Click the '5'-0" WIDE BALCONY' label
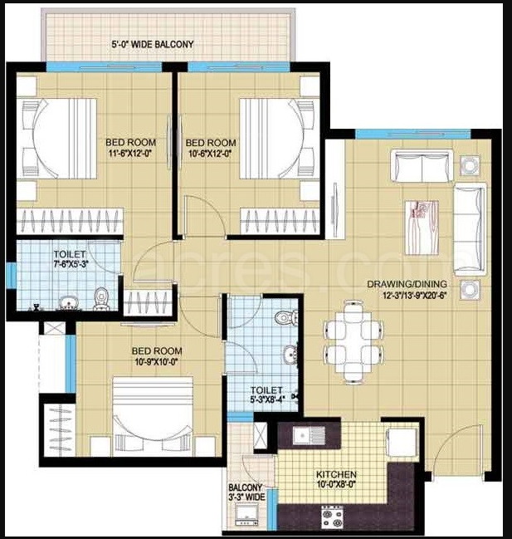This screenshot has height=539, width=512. (x=153, y=44)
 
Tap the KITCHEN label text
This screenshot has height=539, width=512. (x=336, y=474)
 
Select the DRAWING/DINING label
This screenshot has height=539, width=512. (x=407, y=284)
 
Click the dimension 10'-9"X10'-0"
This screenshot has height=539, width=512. (x=156, y=361)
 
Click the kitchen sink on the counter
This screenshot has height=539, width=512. (x=309, y=435)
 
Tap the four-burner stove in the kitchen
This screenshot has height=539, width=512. (x=332, y=517)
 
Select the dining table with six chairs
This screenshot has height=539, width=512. (x=354, y=341)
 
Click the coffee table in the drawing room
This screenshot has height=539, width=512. (x=422, y=228)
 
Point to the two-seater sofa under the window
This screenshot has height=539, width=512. (x=422, y=167)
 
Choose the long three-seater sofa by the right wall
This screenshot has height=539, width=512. (x=470, y=229)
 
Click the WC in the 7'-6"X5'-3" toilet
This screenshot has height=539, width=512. (x=101, y=299)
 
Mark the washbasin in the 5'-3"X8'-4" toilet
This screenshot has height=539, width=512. (x=290, y=355)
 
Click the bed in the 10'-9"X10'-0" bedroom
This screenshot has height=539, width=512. (x=153, y=417)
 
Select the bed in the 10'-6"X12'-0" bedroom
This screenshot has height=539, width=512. (x=276, y=139)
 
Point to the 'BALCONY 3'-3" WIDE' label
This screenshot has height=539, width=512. (x=246, y=492)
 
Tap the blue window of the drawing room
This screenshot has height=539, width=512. (x=412, y=134)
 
